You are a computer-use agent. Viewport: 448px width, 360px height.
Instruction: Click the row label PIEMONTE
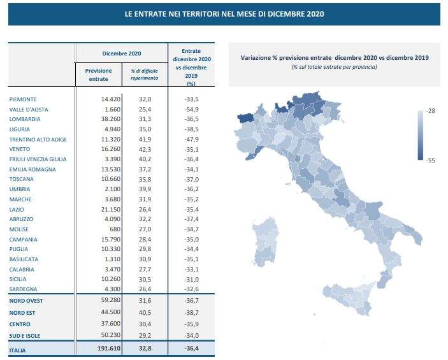(x=23, y=99)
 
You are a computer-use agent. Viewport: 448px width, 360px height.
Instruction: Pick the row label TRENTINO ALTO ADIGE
(x=38, y=140)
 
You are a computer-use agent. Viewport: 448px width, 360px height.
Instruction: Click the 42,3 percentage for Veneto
(x=145, y=149)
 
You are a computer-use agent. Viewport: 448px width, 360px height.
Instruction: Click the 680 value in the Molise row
(x=106, y=229)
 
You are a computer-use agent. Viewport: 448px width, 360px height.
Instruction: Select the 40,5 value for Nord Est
(x=145, y=313)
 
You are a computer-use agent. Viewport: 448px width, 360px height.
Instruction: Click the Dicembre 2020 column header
(x=121, y=53)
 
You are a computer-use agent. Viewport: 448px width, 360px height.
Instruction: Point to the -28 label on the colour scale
(x=431, y=112)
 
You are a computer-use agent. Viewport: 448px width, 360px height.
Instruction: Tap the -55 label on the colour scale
(x=431, y=161)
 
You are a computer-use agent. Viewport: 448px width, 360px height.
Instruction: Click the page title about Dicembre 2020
(x=224, y=13)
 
